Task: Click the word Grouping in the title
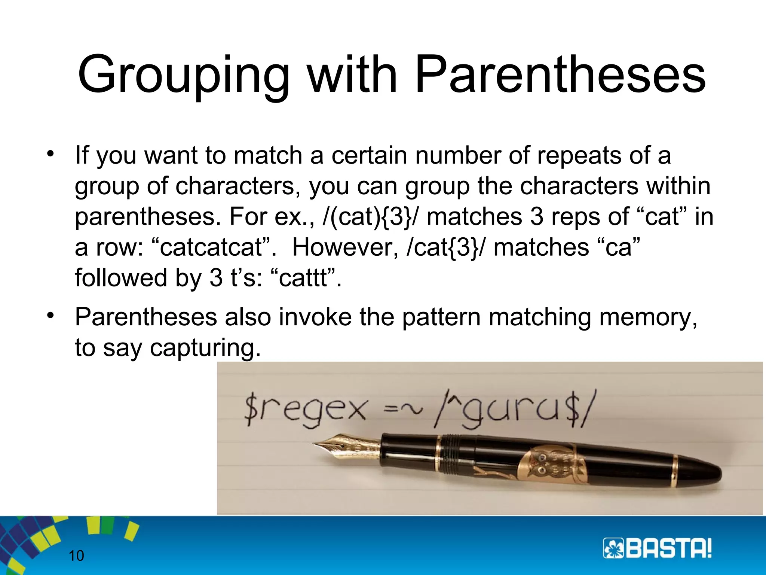click(183, 75)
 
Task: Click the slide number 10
click(76, 556)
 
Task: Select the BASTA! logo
click(657, 548)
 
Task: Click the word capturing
click(205, 348)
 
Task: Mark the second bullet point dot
click(50, 315)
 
